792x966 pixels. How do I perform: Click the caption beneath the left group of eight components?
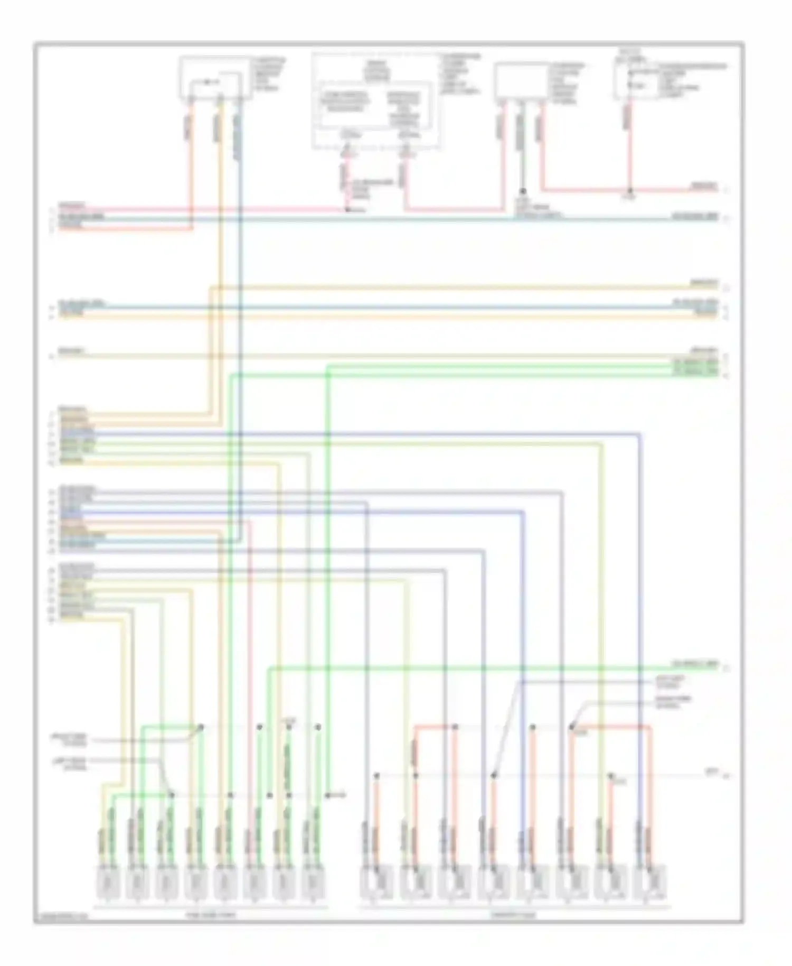point(211,914)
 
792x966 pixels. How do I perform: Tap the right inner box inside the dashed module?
point(404,108)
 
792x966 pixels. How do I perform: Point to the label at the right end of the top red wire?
point(704,187)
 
